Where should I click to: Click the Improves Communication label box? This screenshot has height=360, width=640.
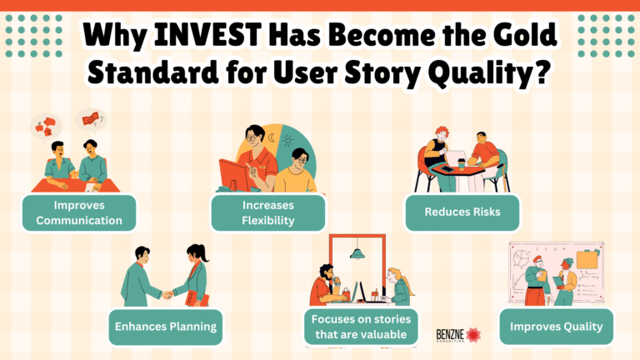tap(79, 212)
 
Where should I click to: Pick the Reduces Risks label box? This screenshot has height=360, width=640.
tap(462, 212)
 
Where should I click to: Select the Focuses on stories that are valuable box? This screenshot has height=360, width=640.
tap(360, 326)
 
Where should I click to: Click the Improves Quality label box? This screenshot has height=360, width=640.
tap(556, 326)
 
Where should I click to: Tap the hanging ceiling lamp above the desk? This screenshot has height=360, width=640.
tap(358, 252)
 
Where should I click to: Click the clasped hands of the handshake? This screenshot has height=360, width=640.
tap(167, 293)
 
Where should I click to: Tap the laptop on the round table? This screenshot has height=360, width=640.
tap(457, 156)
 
